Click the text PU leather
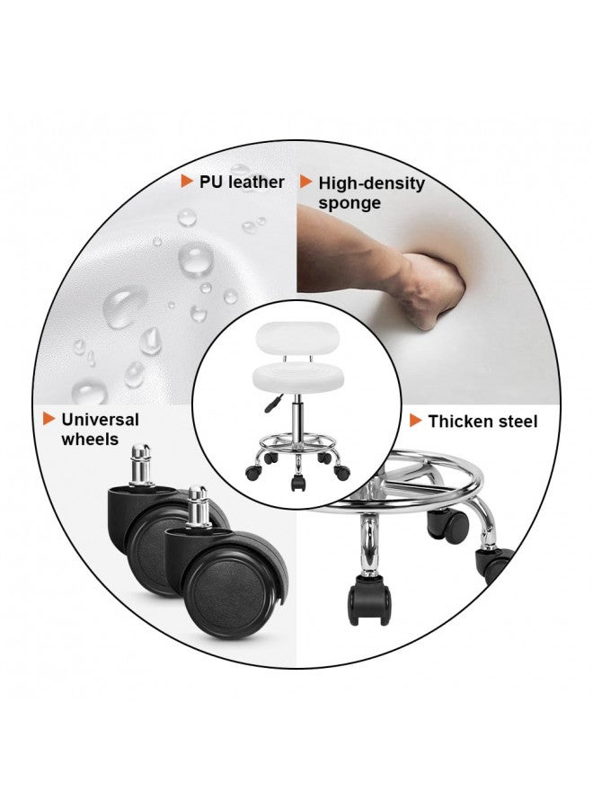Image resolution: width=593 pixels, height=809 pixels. click(242, 182)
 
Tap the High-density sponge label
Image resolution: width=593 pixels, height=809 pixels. click(371, 192)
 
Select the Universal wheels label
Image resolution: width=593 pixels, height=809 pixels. click(100, 429)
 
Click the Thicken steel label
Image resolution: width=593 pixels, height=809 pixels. click(482, 421)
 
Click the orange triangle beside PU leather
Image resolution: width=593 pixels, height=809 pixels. click(187, 181)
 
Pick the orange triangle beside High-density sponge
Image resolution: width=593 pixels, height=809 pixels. click(306, 182)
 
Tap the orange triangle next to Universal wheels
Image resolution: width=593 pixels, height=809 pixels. click(49, 418)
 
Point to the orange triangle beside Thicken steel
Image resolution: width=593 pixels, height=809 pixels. click(416, 421)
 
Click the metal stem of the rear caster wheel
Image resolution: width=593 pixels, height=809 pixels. click(141, 465)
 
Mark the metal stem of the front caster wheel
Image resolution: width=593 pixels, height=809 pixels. click(198, 507)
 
